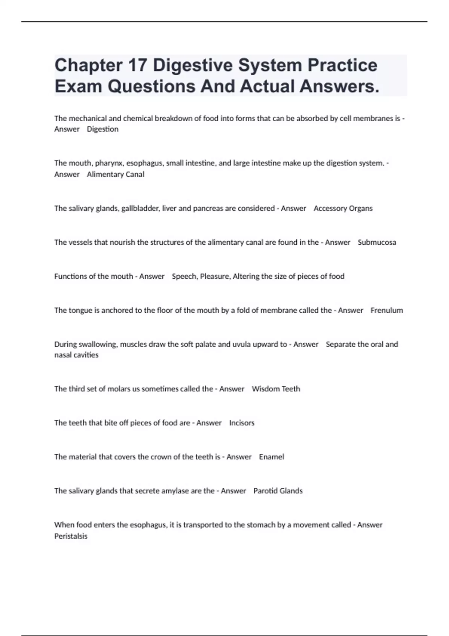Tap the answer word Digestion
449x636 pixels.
tap(103, 129)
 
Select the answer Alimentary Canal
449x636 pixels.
tap(115, 174)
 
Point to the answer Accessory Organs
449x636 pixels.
tap(343, 208)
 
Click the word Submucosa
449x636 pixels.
tap(376, 242)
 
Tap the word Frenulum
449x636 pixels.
tap(387, 311)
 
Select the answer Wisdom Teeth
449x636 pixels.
tap(276, 389)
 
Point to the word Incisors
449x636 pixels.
tap(242, 423)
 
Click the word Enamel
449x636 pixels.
tap(271, 457)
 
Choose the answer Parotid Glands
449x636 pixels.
tap(278, 491)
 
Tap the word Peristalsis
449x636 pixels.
tap(71, 536)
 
